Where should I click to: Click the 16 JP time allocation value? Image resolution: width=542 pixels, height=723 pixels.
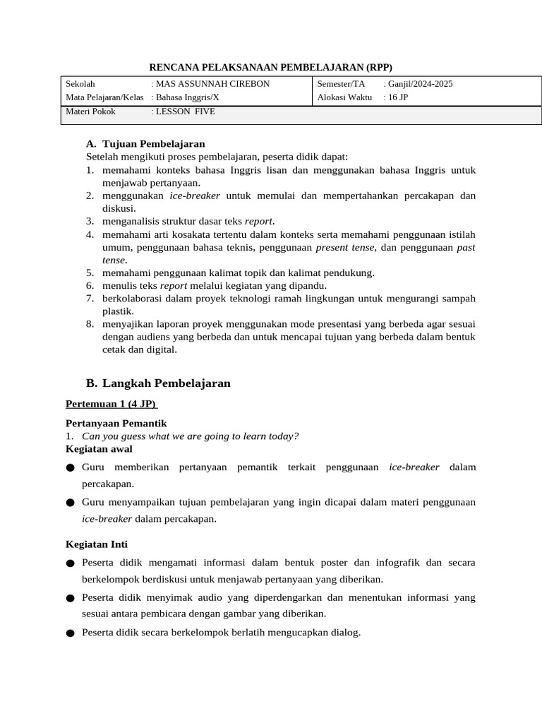click(x=398, y=97)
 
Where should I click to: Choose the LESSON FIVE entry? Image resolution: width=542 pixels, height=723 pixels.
click(x=186, y=112)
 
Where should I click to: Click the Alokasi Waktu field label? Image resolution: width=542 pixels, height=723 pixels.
click(x=344, y=97)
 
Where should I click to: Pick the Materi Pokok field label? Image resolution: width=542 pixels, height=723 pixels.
click(x=90, y=112)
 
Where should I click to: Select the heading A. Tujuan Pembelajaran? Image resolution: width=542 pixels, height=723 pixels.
click(x=145, y=143)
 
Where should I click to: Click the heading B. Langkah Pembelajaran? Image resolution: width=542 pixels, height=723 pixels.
click(x=158, y=383)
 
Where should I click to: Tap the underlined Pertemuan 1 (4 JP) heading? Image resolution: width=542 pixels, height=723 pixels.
click(x=112, y=404)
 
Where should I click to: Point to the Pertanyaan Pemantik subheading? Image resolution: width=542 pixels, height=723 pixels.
click(x=116, y=423)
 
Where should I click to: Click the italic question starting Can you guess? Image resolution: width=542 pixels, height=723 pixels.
click(x=191, y=436)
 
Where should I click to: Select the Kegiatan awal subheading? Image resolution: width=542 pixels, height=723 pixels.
click(x=99, y=449)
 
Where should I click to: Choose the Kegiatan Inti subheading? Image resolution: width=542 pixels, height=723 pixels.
click(x=97, y=544)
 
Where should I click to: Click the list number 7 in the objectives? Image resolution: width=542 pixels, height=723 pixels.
click(x=90, y=298)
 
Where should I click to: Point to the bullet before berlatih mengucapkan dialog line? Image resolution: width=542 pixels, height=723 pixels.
click(x=71, y=633)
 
